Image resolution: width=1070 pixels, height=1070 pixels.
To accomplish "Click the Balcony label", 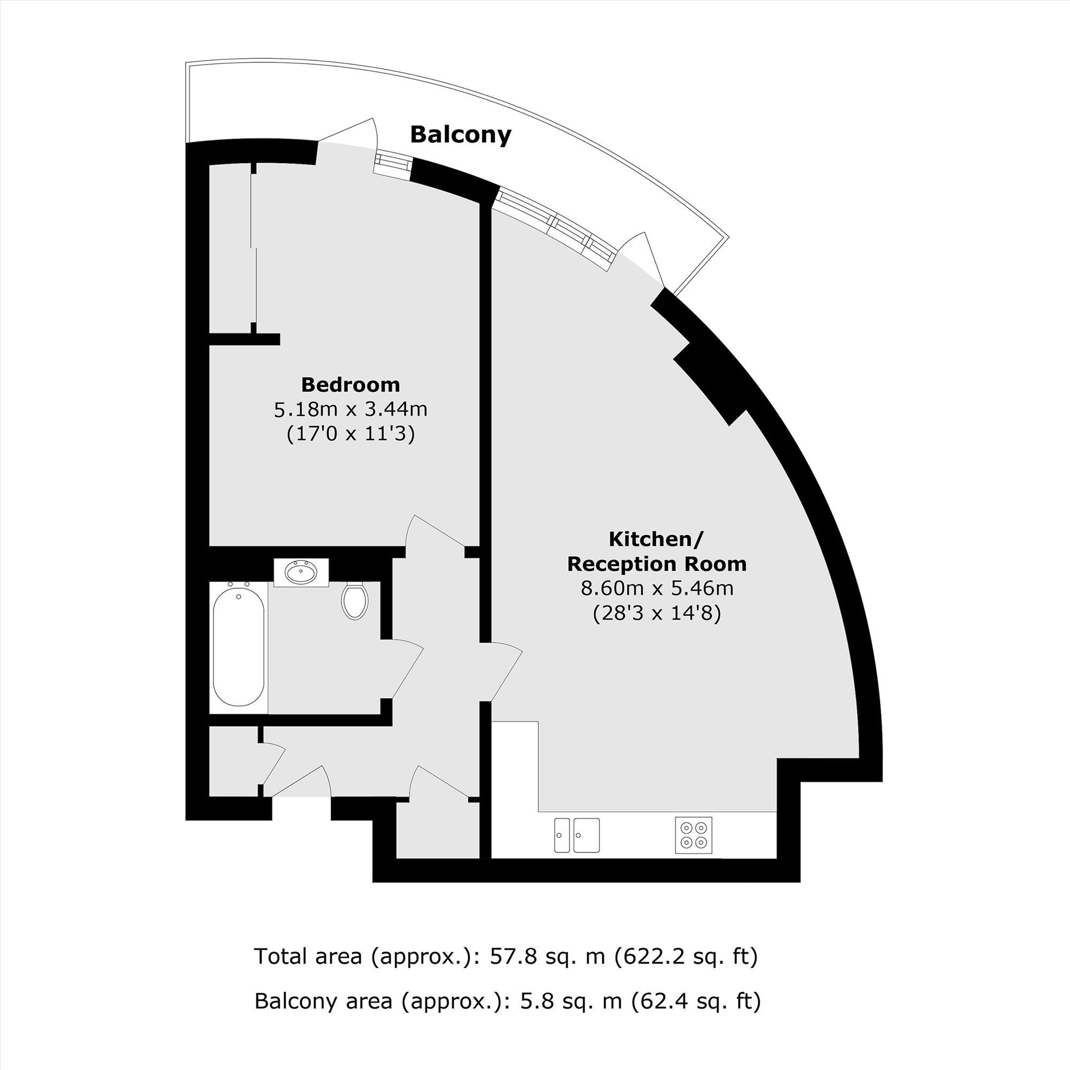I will point(460,135).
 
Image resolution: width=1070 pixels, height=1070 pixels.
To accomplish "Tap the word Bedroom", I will point(350,384).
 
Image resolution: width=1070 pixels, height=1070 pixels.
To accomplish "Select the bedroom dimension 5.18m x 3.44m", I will point(350,409).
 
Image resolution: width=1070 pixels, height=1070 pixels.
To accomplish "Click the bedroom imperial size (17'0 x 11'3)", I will point(350,434).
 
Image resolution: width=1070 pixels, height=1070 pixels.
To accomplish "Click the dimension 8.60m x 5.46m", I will point(657,587).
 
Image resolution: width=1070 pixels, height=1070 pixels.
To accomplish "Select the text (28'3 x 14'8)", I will point(657,613).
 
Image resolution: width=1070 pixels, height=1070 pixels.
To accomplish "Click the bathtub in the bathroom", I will point(238,646).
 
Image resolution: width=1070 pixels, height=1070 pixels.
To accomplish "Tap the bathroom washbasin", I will point(301,572).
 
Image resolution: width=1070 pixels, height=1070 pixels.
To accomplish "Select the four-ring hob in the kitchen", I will point(694,835).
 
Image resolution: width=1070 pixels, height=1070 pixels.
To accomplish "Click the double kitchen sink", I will point(577,835).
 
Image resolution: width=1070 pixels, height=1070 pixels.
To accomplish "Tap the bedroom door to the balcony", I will point(347,135).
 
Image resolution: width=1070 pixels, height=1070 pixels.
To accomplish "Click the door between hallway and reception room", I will point(505,672).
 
